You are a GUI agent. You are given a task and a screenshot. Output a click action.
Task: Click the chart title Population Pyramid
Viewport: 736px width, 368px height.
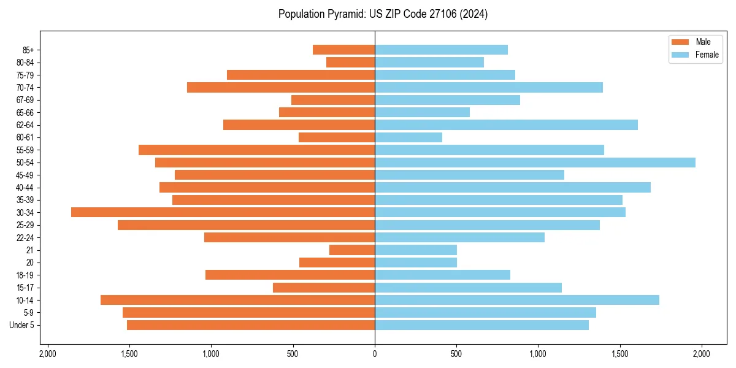point(383,14)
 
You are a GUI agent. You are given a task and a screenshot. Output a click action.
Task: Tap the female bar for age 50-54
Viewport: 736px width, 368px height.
point(535,163)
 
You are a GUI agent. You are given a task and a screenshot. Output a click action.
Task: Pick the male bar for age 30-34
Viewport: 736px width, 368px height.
point(223,212)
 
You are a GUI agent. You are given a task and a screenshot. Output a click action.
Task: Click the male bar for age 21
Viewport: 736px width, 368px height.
point(352,250)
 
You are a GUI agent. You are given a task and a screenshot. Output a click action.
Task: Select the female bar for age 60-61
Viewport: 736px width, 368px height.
point(408,137)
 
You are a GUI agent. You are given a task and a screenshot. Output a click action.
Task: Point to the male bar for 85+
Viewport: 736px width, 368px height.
point(343,50)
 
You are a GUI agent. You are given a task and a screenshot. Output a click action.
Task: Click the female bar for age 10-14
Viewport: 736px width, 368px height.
point(517,300)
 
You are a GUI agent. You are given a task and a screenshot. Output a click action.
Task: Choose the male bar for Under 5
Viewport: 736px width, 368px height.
point(251,325)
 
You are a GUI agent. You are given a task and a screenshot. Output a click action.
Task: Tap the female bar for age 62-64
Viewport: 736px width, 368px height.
point(506,125)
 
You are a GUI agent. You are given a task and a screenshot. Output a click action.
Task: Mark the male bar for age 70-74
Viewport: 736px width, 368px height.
point(281,88)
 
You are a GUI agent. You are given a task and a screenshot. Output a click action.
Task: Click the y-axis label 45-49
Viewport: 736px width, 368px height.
point(25,175)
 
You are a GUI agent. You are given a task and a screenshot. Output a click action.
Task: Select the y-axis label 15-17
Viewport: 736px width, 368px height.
point(25,288)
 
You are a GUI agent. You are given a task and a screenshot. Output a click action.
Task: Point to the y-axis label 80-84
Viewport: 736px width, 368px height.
point(25,63)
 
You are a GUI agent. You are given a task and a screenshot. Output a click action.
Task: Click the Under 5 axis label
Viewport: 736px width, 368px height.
point(22,325)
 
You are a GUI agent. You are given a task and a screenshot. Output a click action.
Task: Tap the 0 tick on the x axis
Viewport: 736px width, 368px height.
point(375,354)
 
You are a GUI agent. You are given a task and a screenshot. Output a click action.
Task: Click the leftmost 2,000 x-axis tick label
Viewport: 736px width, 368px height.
point(47,354)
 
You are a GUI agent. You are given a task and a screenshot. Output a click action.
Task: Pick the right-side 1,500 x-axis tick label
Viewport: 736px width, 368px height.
point(620,354)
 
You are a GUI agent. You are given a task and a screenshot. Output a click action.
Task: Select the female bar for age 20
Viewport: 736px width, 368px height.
point(416,263)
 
